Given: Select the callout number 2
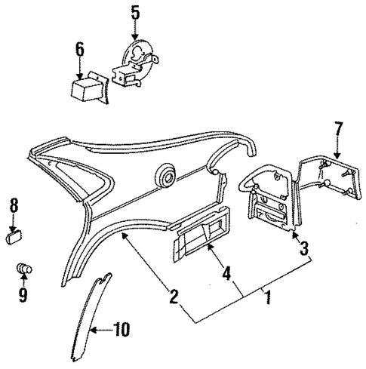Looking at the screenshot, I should click(174, 296).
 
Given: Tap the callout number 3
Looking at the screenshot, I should click(304, 248).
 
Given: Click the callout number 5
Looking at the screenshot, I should click(135, 12).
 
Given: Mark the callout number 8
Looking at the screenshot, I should click(14, 205).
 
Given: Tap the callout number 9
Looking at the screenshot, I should click(23, 295).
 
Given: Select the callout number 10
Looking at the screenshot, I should click(121, 329).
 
